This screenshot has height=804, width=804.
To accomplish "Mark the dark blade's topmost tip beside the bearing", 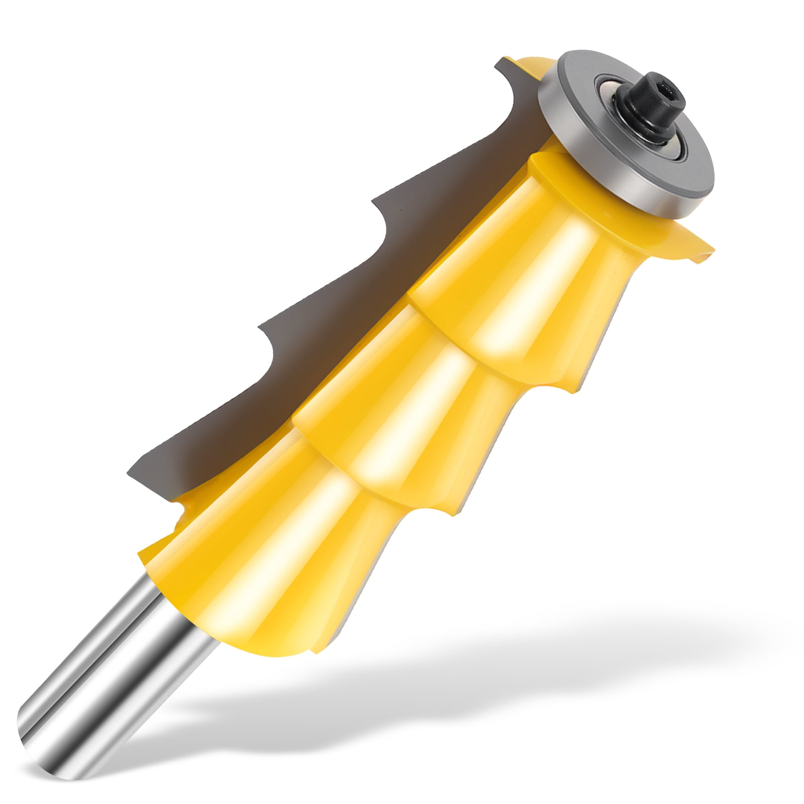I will tap(497, 62).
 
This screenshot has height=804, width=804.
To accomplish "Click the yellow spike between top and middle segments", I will tap(595, 389).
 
